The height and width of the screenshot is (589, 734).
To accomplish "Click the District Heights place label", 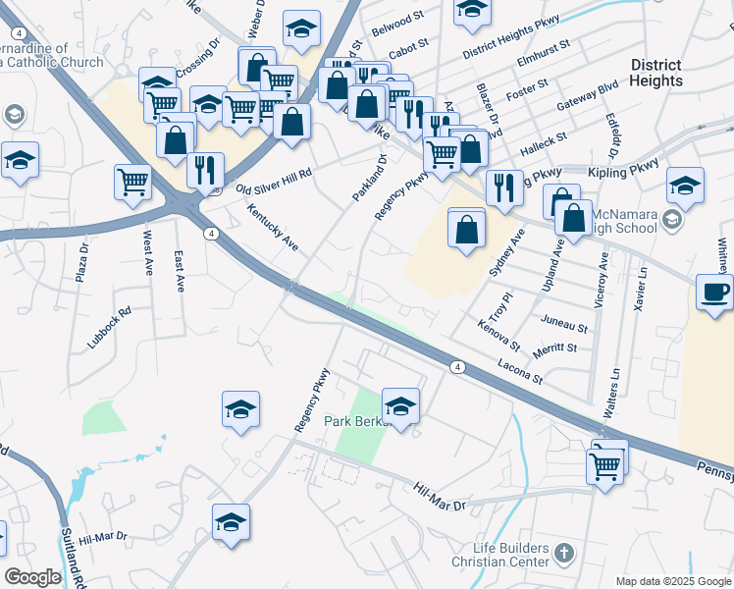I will tap(656, 73).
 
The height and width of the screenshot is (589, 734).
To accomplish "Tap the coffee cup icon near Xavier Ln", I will tap(714, 293).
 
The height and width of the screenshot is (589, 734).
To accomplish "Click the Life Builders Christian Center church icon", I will tap(563, 554).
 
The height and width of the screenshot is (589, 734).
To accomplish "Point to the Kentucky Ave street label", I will tap(272, 227).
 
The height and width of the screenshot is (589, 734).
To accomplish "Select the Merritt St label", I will tap(556, 347).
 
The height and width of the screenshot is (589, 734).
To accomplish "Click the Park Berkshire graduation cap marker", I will tap(400, 405).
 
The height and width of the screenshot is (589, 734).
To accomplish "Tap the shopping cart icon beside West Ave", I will tap(132, 182).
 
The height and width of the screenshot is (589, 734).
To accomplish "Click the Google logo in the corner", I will tap(31, 577).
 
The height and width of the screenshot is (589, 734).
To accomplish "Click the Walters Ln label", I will tap(613, 394).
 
